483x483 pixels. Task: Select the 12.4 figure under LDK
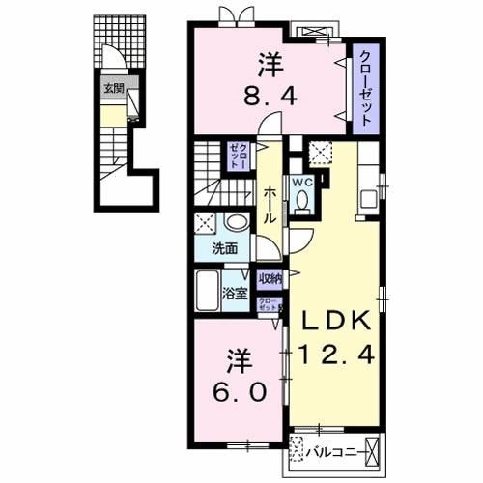pyautogui.click(x=334, y=356)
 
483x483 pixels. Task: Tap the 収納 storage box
pyautogui.click(x=270, y=279)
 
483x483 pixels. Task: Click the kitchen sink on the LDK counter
pyautogui.click(x=369, y=201)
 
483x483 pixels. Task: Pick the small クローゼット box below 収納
pyautogui.click(x=267, y=304)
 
